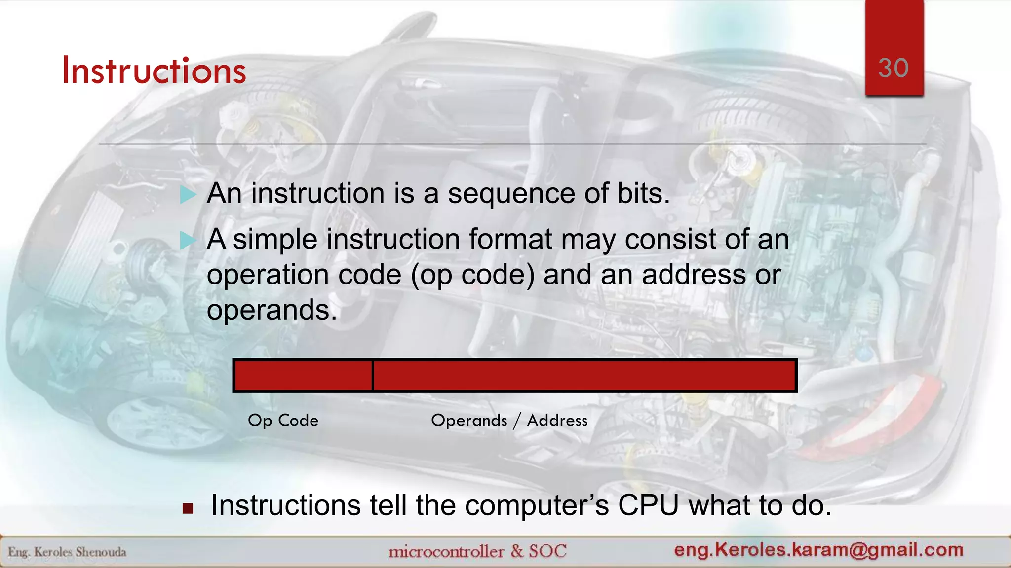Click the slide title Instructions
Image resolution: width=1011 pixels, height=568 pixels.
tap(154, 71)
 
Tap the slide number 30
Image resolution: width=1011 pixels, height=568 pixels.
tap(894, 68)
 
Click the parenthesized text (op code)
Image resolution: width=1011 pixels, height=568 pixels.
tap(473, 275)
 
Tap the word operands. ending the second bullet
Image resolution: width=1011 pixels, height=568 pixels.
tap(272, 311)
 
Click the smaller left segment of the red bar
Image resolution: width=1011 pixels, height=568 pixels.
tap(303, 376)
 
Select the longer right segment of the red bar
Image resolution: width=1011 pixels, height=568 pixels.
tap(584, 376)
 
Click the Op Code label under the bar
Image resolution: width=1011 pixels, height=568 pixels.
tap(283, 421)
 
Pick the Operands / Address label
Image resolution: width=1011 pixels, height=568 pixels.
tap(509, 421)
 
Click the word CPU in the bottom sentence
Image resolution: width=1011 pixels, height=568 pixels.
tap(648, 506)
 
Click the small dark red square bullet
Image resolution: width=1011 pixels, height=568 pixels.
tap(188, 508)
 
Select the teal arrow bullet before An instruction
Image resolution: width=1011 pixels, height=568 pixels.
tap(188, 195)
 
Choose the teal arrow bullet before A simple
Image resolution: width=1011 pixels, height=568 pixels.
tap(188, 241)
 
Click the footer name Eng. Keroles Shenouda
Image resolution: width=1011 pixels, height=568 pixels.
tap(67, 552)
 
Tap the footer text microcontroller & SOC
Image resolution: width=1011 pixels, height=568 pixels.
tap(477, 551)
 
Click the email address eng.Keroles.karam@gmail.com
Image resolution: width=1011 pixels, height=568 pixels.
tap(818, 550)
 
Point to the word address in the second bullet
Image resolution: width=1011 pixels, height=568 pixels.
tap(694, 275)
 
